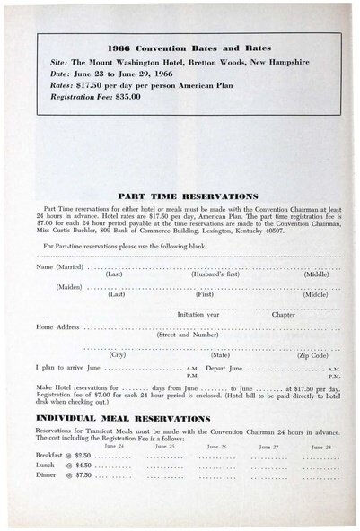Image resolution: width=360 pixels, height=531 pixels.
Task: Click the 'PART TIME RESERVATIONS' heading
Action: [189, 196]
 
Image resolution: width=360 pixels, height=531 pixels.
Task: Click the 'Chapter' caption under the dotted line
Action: [283, 315]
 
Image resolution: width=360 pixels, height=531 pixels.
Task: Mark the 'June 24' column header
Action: [114, 446]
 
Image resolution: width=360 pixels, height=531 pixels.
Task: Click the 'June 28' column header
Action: [320, 446]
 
